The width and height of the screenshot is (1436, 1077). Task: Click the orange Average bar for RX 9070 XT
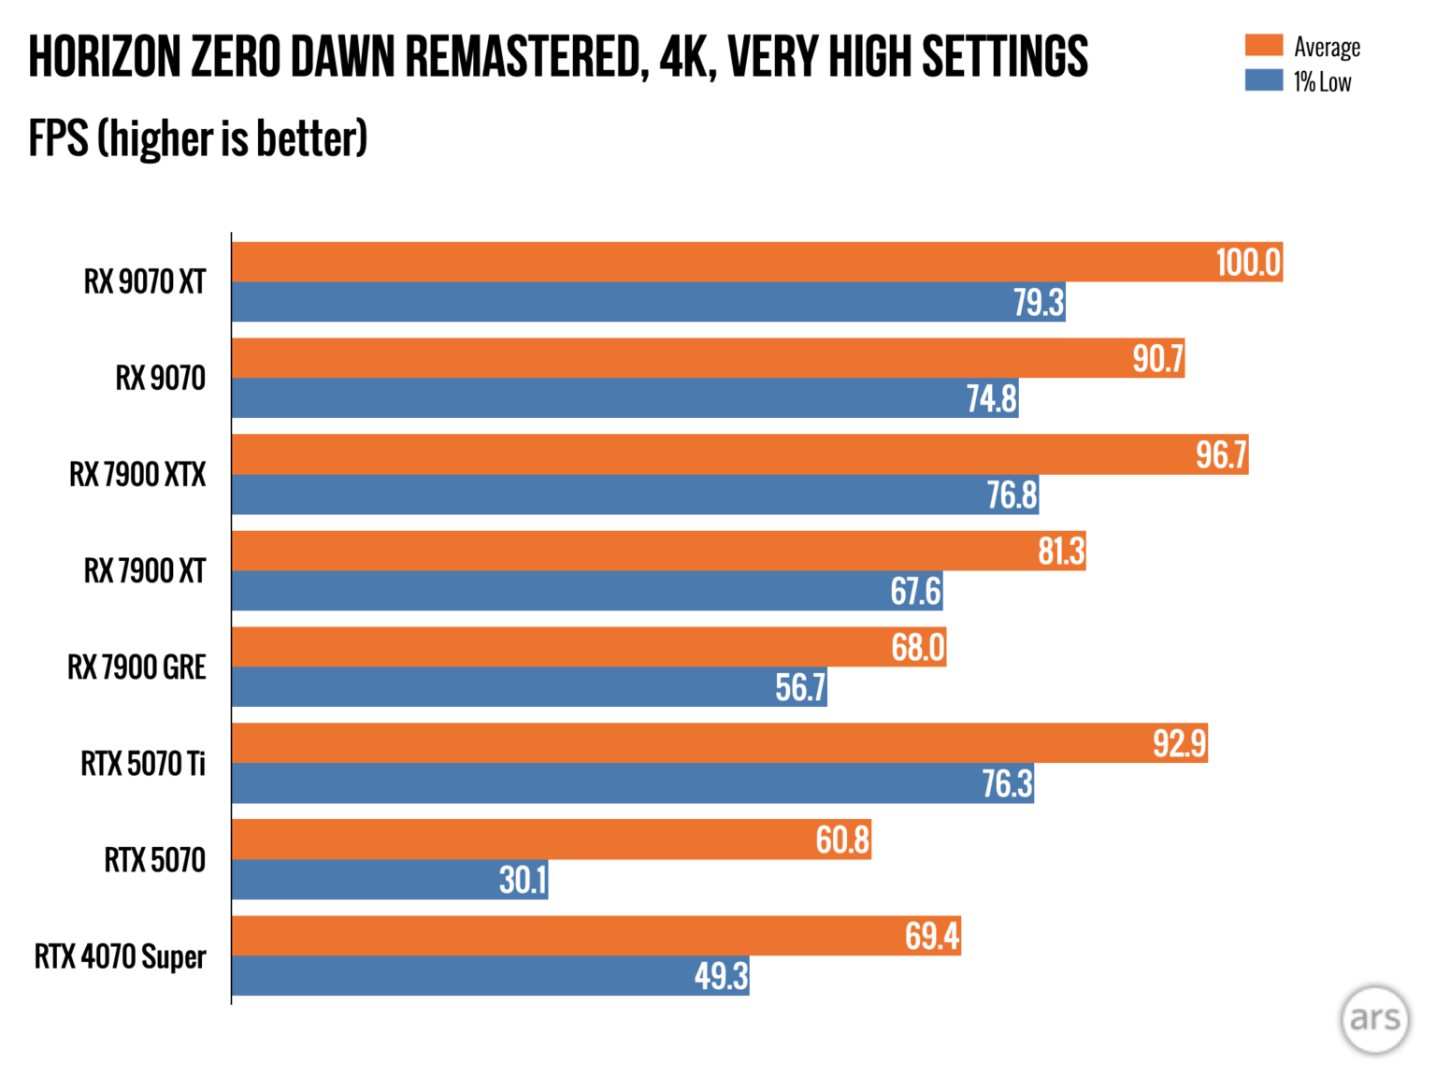point(720,262)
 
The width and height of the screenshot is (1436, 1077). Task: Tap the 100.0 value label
point(1248,263)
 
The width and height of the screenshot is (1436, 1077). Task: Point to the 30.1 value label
point(523,880)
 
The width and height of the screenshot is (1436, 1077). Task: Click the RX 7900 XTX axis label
point(137,475)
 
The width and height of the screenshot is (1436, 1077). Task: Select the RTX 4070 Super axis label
point(120,956)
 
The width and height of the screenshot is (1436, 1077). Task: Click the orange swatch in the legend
point(1263,45)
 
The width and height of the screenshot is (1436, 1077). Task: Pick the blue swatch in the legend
point(1263,80)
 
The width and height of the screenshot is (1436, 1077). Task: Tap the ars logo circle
point(1374,1019)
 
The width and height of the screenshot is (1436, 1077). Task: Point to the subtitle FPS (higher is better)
point(198,138)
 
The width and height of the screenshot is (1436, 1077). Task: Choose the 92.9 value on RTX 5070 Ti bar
point(1179,743)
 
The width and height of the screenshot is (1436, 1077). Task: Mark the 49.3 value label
point(721,976)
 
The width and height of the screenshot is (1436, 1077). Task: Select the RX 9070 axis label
point(160,378)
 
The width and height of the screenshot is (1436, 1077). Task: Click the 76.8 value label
point(1012,495)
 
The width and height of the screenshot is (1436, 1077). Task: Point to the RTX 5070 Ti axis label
point(143,764)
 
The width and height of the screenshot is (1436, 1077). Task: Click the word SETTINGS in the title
point(1005,57)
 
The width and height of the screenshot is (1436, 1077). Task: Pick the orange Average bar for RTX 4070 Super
point(561,936)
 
